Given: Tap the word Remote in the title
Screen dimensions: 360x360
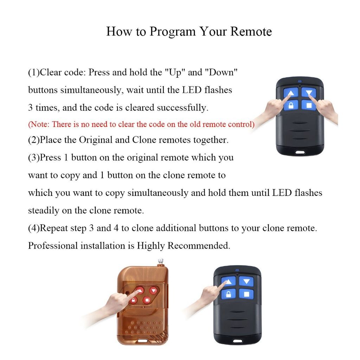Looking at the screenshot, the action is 251,31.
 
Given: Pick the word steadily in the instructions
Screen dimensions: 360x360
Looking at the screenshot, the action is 44,211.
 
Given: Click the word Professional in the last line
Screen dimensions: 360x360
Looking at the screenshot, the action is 53,246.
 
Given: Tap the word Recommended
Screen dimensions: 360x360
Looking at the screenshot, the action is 199,246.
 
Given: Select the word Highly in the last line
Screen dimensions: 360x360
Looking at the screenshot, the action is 151,246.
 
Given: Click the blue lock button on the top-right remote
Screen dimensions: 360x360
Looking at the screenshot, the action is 291,105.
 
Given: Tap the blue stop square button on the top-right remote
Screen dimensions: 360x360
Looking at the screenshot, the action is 309,105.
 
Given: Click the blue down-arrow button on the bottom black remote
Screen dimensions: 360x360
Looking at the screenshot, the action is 246,282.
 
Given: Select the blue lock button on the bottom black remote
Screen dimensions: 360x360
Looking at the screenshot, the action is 229,294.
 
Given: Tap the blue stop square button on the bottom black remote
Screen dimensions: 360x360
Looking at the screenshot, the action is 246,294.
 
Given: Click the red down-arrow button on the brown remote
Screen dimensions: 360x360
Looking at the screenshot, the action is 153,291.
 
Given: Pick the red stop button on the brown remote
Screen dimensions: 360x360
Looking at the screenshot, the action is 147,300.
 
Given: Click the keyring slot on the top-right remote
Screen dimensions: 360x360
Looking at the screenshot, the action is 300,152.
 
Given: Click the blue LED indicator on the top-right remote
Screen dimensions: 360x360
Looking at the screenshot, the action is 300,81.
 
